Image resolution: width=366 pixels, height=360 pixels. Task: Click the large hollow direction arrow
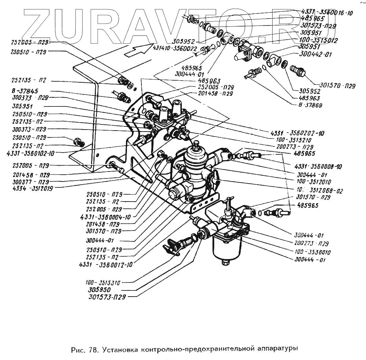[136, 50]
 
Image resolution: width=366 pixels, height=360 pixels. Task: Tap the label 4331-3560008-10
[319, 167]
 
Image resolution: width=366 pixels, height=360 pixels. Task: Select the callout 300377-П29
[30, 182]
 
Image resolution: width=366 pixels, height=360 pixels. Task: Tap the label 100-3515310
[102, 283]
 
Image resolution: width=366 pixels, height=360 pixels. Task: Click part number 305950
[99, 290]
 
